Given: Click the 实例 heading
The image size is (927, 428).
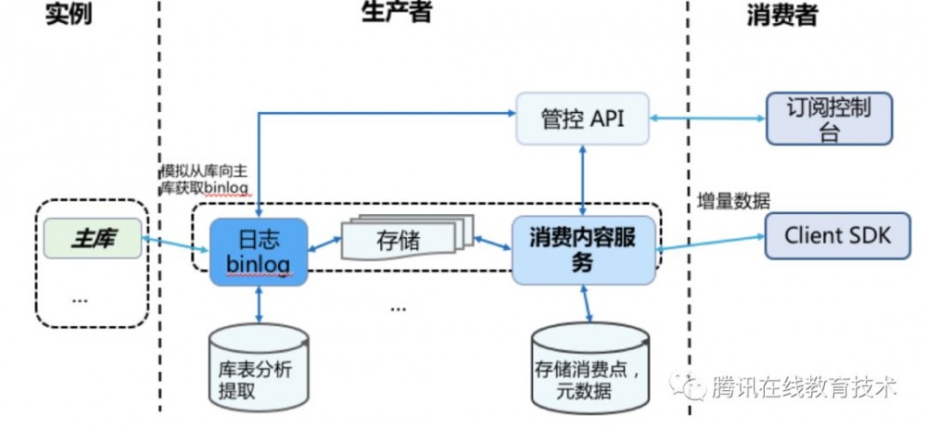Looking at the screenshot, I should pyautogui.click(x=70, y=15).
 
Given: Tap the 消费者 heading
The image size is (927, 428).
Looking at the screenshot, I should pyautogui.click(x=781, y=15).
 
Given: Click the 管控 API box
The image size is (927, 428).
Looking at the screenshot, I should pyautogui.click(x=582, y=119).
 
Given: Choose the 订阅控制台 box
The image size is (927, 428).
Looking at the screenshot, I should pyautogui.click(x=830, y=119).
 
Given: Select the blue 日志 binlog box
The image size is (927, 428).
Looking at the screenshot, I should pyautogui.click(x=258, y=250).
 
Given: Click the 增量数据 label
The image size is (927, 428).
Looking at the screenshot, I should pyautogui.click(x=732, y=201).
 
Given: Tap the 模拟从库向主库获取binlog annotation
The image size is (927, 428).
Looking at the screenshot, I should pyautogui.click(x=206, y=181).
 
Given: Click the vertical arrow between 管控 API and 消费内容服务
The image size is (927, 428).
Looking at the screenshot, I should pyautogui.click(x=582, y=179).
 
